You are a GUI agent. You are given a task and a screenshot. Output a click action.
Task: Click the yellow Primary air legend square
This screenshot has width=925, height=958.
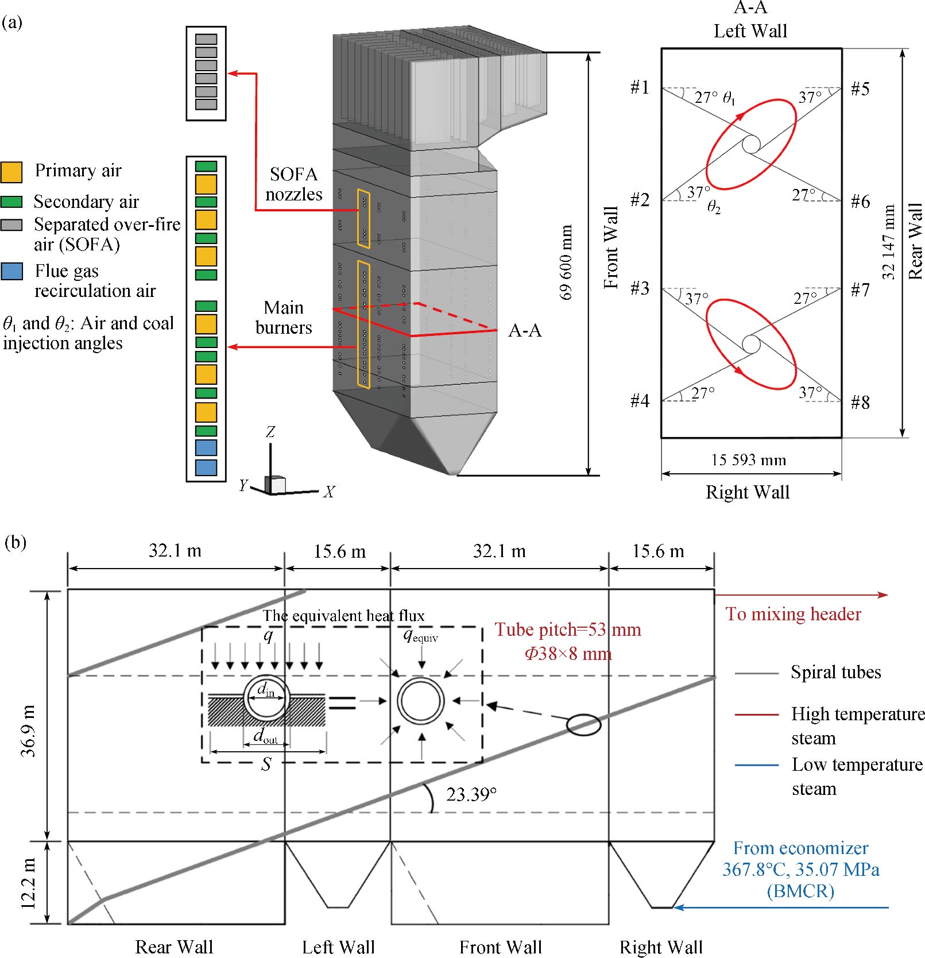tap(11, 172)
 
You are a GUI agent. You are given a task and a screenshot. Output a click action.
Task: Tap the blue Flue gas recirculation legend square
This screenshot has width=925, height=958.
tap(11, 271)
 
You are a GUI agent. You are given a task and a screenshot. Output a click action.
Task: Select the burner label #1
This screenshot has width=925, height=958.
tap(640, 87)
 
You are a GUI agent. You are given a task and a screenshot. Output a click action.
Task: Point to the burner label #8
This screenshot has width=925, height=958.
tap(860, 403)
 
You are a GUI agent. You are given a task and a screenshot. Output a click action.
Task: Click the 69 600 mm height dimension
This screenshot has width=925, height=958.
tap(566, 262)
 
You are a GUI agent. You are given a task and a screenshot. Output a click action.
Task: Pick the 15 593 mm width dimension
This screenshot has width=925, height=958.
tap(749, 460)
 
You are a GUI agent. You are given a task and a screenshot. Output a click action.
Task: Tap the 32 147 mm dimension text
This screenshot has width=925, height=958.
tap(889, 242)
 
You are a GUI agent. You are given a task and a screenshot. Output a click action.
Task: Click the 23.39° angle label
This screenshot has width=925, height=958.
tap(471, 794)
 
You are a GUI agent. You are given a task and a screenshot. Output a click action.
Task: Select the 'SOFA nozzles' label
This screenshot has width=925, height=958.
tap(293, 184)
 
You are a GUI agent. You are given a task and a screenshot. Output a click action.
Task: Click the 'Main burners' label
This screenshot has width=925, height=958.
tap(284, 318)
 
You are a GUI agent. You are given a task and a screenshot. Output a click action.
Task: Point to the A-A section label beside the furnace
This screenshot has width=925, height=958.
tap(525, 331)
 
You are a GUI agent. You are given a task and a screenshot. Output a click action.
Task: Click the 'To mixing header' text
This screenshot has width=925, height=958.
tap(793, 614)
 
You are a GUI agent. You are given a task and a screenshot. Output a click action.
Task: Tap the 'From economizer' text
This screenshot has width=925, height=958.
tap(800, 848)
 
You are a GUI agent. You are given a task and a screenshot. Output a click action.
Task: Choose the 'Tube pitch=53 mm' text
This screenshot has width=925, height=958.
tap(568, 630)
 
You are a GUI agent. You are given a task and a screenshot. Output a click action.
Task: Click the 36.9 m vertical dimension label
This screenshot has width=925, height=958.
tap(29, 731)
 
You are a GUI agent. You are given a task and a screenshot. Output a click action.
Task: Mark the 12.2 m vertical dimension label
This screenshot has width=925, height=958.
tap(29, 883)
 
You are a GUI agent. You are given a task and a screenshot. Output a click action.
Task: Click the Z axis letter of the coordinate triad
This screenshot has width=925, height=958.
tap(270, 432)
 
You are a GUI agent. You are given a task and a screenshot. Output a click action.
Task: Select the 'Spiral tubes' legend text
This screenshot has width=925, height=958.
tap(835, 672)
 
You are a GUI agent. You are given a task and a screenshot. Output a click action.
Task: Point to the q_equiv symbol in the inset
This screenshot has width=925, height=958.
tap(420, 635)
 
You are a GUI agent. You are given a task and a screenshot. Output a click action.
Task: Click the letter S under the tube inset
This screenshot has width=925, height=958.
tap(266, 764)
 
